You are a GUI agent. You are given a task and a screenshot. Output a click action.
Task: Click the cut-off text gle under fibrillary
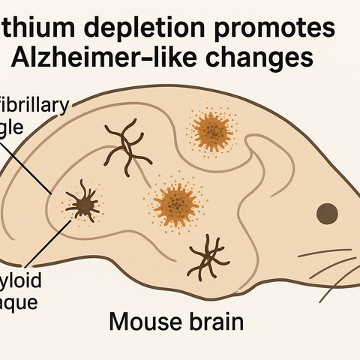pyautogui.click(x=15, y=127)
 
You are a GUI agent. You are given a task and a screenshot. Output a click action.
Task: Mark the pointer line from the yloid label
pyautogui.click(x=52, y=241)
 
